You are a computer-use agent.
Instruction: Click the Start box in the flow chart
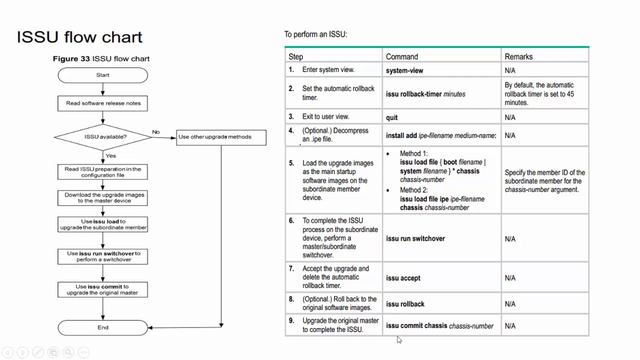[104, 75]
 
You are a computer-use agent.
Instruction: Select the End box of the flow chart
[104, 327]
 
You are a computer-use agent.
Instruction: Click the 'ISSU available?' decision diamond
[103, 136]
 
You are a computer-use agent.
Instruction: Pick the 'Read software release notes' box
[104, 104]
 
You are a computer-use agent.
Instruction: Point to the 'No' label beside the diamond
[156, 130]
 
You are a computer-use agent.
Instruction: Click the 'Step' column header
[296, 58]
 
